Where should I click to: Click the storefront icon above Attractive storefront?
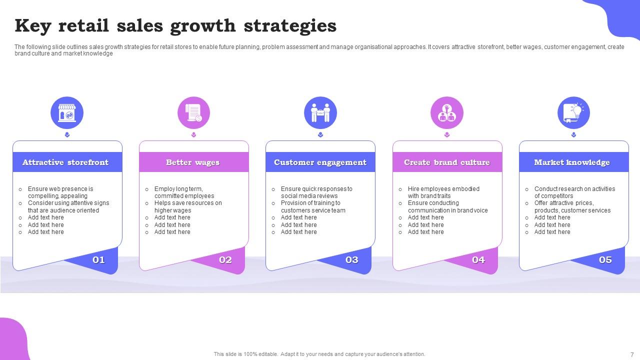(x=67, y=113)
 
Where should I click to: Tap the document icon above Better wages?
(x=193, y=113)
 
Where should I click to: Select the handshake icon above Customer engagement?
(x=320, y=113)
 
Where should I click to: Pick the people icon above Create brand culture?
(x=447, y=113)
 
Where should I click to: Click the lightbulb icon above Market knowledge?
(x=573, y=113)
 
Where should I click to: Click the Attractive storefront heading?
(x=65, y=162)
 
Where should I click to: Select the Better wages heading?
(x=193, y=162)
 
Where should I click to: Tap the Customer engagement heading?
(x=320, y=162)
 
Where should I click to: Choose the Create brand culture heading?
(x=447, y=162)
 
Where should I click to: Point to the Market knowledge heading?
(x=572, y=162)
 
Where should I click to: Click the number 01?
(x=98, y=259)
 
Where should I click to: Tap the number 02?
(x=225, y=259)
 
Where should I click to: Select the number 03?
(x=352, y=259)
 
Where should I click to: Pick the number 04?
(x=478, y=259)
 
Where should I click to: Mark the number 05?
(x=605, y=259)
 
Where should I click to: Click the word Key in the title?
(x=33, y=25)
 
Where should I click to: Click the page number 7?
(x=632, y=354)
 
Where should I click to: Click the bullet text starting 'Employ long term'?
(x=184, y=192)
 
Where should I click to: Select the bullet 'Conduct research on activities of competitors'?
(x=574, y=192)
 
